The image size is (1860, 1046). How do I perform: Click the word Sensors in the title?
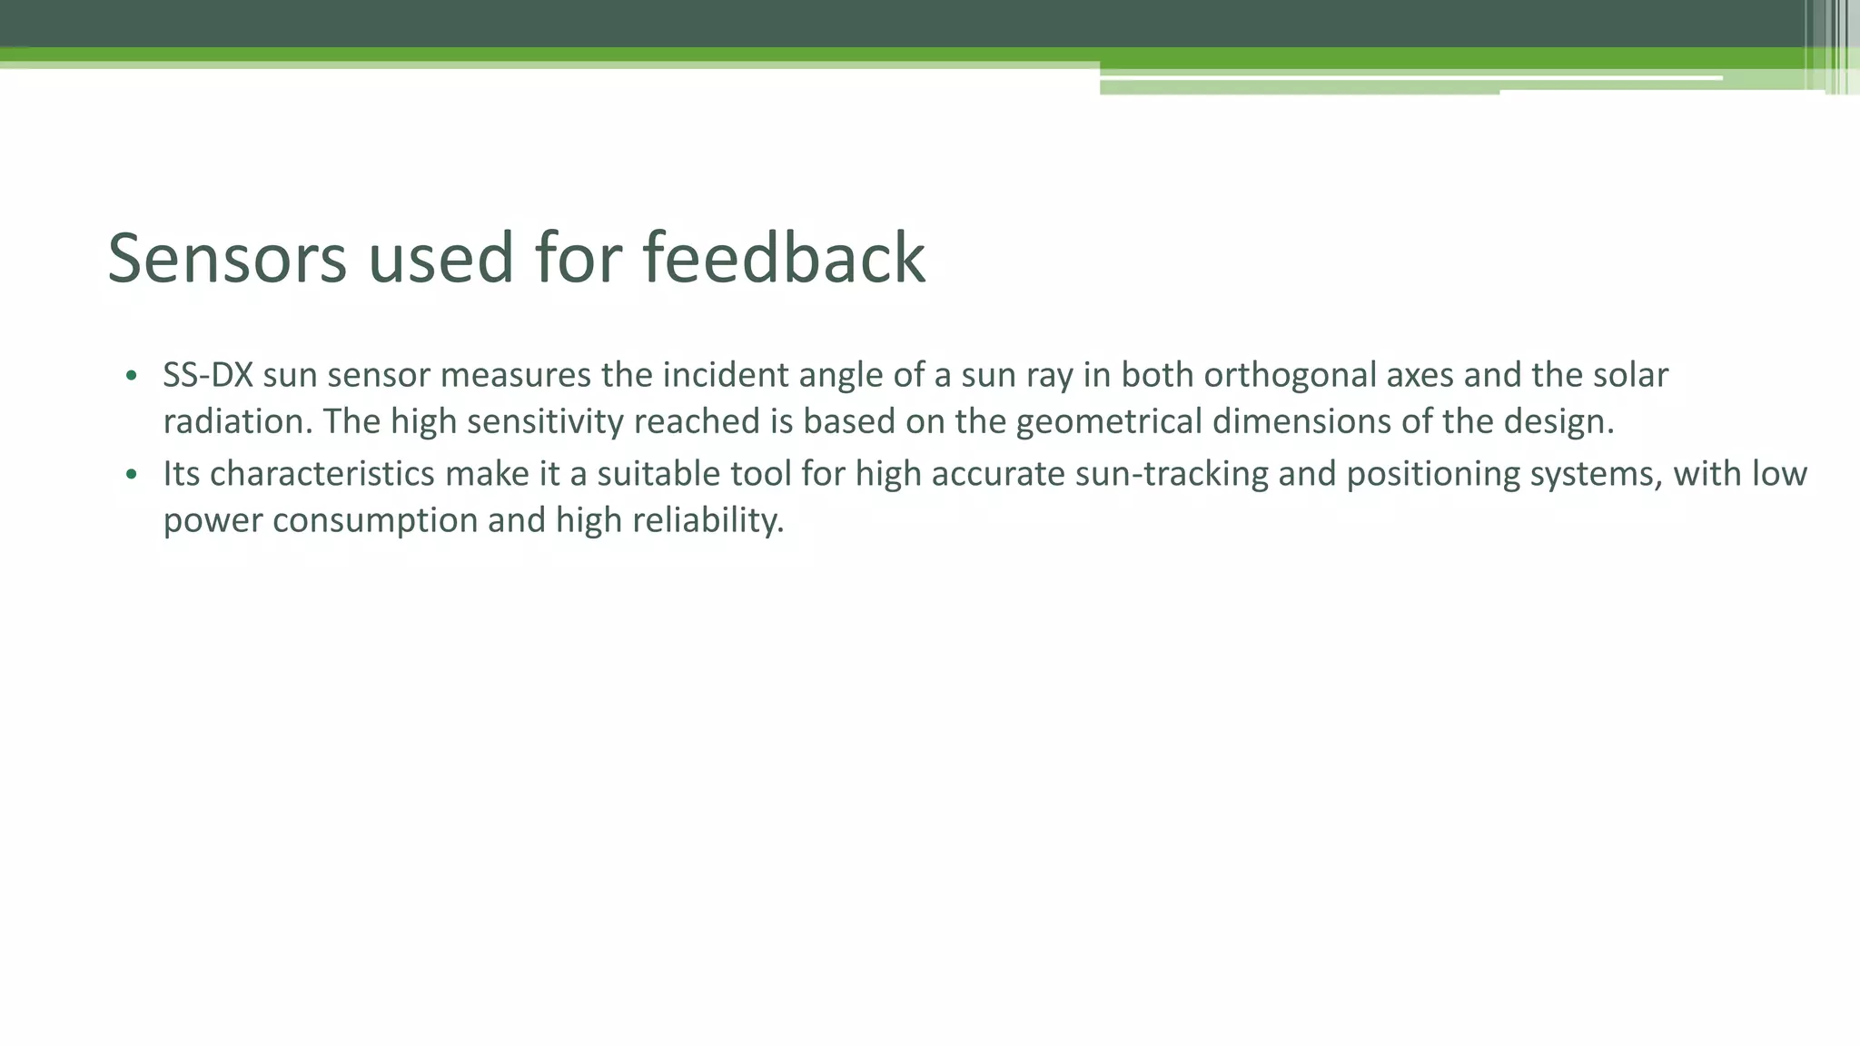[x=227, y=259]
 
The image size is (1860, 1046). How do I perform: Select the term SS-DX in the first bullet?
[x=207, y=375]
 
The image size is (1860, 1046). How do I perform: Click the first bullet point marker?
[x=132, y=376]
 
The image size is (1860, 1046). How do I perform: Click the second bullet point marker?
[x=132, y=474]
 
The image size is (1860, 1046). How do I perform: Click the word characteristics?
[x=322, y=474]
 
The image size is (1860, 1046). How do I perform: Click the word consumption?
[x=374, y=520]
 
